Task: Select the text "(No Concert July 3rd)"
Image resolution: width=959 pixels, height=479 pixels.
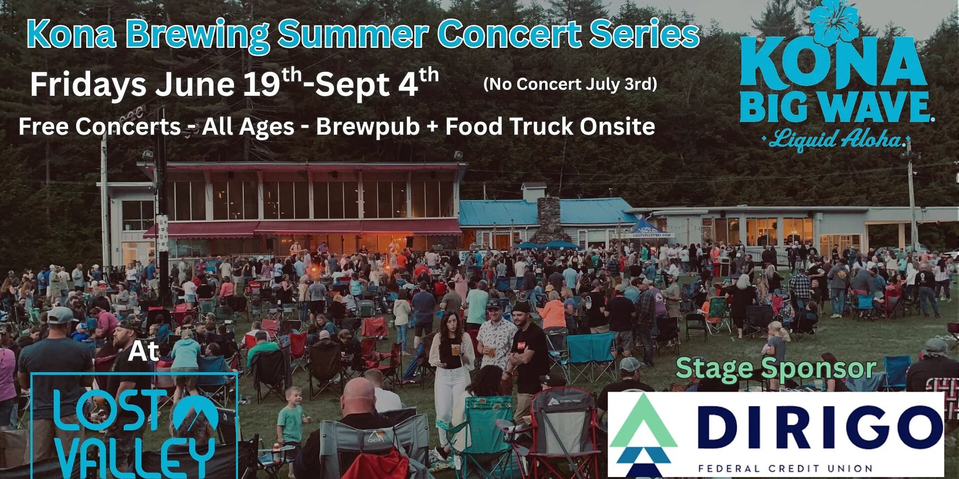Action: (570, 84)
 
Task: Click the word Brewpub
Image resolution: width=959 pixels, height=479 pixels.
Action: (368, 127)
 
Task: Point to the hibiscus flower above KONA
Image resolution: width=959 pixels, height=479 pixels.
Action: (834, 21)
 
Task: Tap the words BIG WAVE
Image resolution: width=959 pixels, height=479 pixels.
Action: (836, 106)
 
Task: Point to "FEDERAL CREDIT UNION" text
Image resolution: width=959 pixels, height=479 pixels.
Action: (785, 468)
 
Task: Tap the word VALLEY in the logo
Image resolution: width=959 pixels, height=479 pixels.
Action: (136, 457)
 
